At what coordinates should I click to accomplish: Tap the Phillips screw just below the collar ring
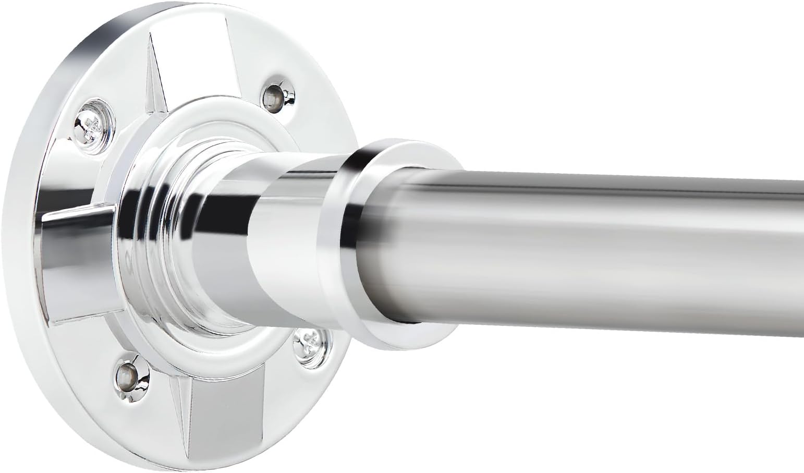point(312,343)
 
